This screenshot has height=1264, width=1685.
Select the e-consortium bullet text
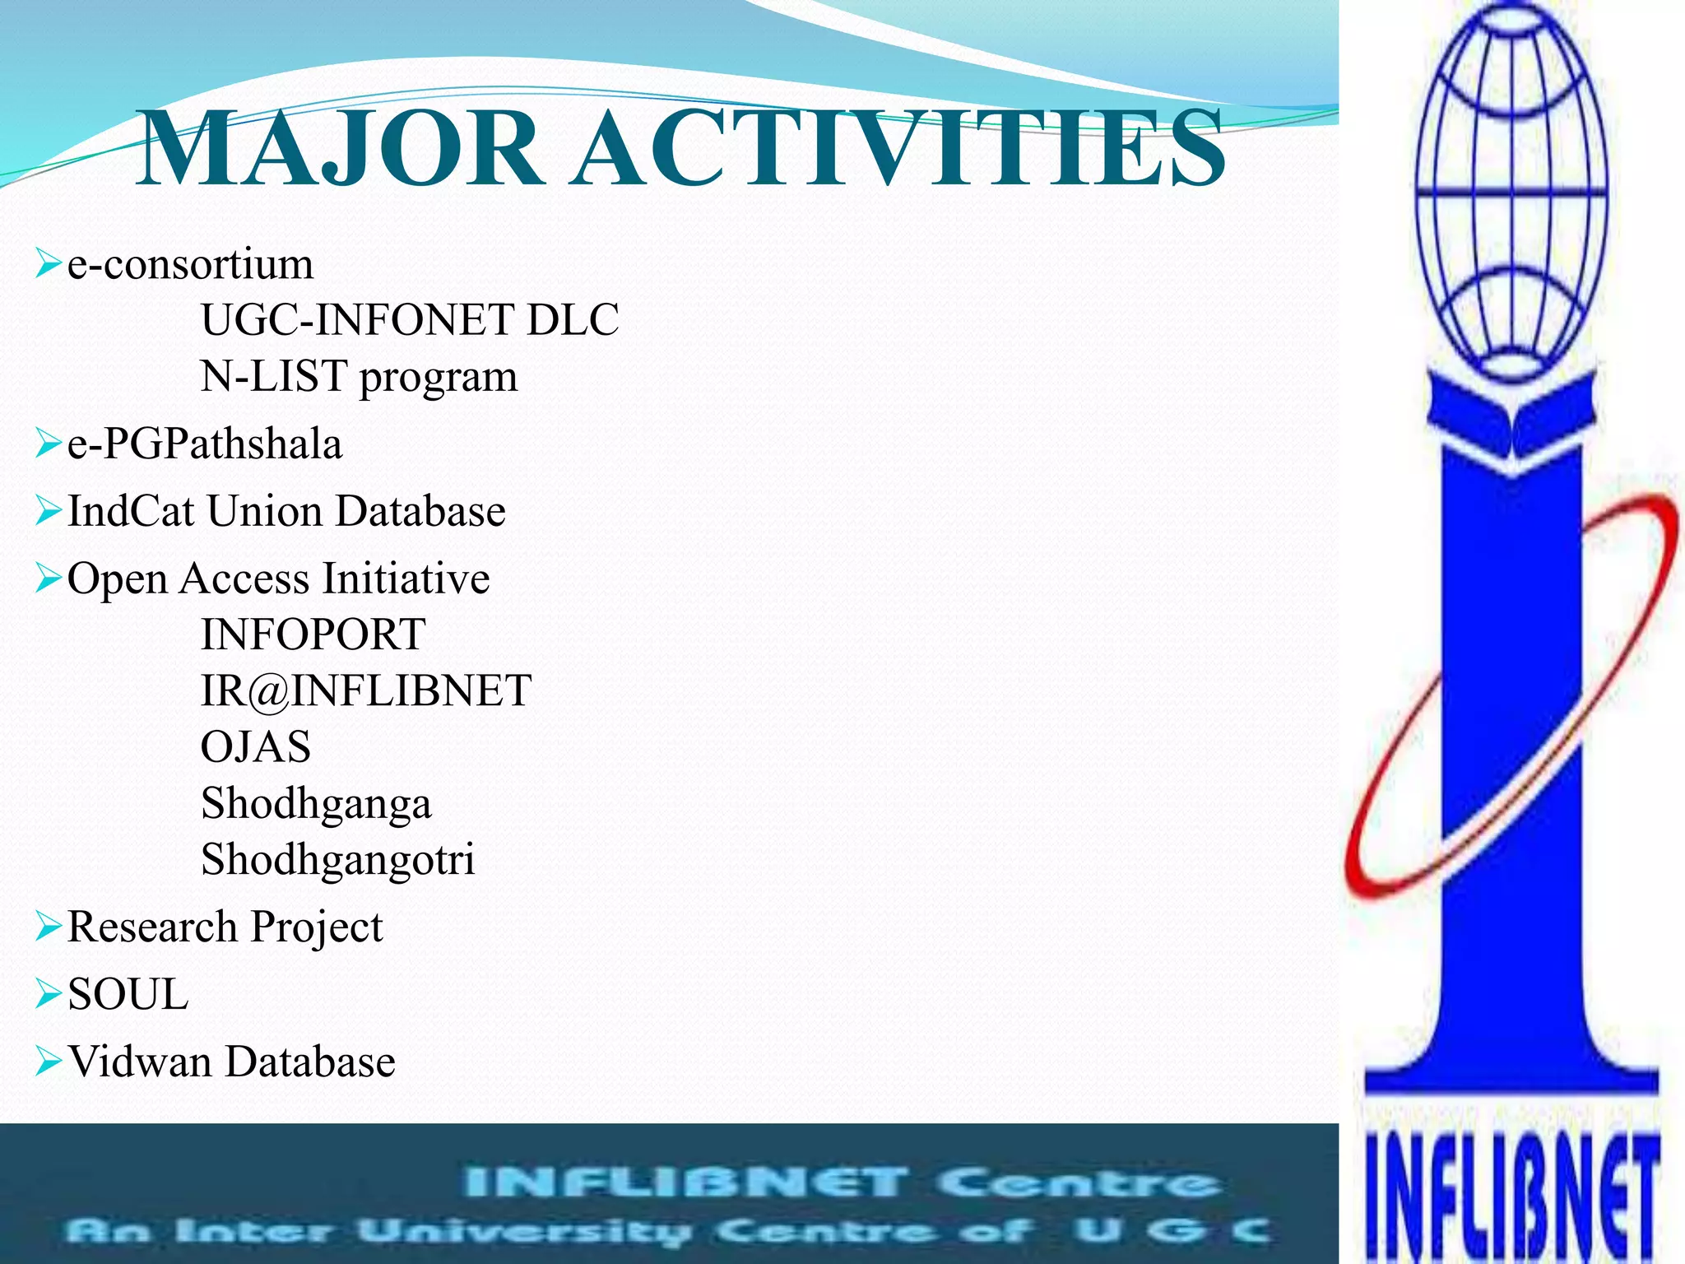click(190, 265)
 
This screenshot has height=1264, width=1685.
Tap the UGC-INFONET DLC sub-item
click(410, 320)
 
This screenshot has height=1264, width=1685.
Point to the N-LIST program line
click(360, 377)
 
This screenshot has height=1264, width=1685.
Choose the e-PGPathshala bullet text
click(204, 444)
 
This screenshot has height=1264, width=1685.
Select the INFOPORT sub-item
click(313, 634)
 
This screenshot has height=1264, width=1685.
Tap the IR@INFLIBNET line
click(366, 690)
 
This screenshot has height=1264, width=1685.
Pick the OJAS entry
click(256, 747)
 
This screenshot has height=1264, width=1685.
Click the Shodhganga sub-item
click(316, 804)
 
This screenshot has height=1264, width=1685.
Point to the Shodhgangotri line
click(338, 860)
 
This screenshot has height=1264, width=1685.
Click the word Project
click(317, 927)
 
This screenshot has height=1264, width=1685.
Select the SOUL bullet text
click(128, 994)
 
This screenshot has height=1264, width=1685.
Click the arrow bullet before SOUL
click(49, 994)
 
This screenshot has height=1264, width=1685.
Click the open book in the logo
click(1511, 420)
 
